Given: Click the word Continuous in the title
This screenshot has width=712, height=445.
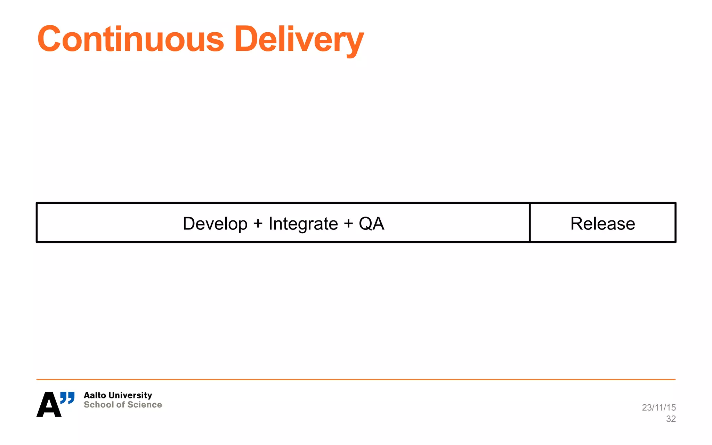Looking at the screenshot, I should tap(131, 39).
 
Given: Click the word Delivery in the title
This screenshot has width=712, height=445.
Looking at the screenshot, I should tap(299, 39).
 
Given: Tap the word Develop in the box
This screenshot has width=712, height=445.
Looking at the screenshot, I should tap(215, 224).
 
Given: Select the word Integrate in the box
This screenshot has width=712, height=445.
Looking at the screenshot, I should tap(303, 224).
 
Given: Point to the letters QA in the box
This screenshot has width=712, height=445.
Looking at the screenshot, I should tap(371, 224).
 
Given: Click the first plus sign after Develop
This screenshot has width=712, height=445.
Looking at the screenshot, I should tap(258, 224).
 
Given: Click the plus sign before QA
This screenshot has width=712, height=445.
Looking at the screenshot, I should tap(348, 224).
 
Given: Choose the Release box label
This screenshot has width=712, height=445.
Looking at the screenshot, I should tap(602, 224).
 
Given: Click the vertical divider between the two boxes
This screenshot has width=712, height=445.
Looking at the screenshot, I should tap(529, 222).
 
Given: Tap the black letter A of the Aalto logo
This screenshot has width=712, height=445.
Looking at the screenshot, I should tap(49, 405).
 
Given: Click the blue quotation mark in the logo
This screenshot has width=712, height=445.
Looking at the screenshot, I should tap(67, 397).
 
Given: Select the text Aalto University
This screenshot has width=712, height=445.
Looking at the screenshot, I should tap(118, 395).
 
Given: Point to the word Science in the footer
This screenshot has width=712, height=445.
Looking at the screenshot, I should tap(145, 405).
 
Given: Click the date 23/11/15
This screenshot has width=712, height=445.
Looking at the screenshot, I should tap(659, 407).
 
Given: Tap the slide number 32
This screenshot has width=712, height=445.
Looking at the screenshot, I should tap(671, 419).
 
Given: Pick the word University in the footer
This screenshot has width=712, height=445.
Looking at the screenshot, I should tap(130, 395).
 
